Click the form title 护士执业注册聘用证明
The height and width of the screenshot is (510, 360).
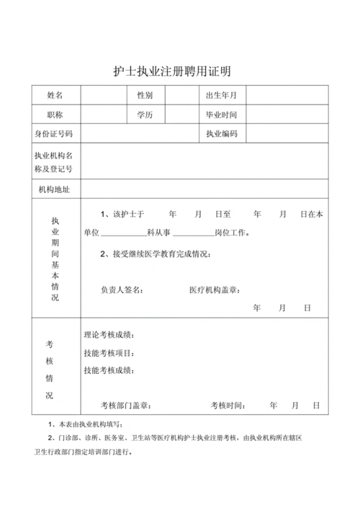click(x=176, y=71)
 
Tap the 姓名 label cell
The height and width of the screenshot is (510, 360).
click(x=55, y=95)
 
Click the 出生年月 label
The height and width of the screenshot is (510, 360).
click(x=221, y=95)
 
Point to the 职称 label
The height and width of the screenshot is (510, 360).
click(x=55, y=115)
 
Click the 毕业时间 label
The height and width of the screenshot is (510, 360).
click(x=221, y=115)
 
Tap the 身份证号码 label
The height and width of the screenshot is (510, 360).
click(x=55, y=134)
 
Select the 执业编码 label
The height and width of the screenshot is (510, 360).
click(x=221, y=134)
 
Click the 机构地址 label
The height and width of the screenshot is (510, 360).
click(x=55, y=189)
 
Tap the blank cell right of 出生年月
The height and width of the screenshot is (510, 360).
click(x=288, y=95)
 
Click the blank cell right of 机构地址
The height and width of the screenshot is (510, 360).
click(x=204, y=189)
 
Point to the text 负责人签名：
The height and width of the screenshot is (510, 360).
click(x=122, y=290)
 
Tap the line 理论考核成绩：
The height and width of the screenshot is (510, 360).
click(x=109, y=336)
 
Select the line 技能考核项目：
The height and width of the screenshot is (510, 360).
click(x=109, y=353)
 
